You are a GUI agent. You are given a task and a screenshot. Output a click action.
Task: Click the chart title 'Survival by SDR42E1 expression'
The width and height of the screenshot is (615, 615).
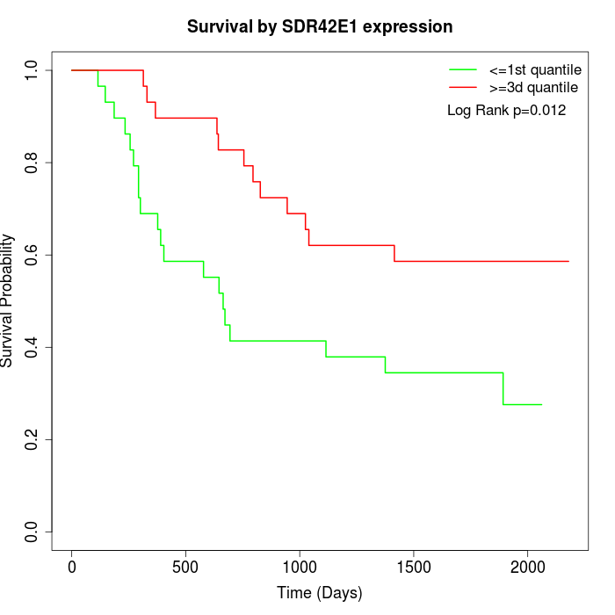(x=320, y=27)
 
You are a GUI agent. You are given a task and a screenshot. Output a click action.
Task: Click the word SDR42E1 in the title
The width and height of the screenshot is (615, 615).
(x=326, y=27)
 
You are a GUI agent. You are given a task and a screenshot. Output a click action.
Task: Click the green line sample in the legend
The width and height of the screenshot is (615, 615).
(x=463, y=69)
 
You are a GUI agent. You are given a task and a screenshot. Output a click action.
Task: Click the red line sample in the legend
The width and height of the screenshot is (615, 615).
(x=463, y=87)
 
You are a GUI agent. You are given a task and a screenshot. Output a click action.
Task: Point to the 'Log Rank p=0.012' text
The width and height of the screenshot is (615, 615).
(x=506, y=111)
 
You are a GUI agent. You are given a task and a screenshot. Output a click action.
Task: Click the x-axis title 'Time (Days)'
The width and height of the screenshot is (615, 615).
(x=320, y=593)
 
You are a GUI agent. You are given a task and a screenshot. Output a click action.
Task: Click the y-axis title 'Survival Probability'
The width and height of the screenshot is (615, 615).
(x=8, y=300)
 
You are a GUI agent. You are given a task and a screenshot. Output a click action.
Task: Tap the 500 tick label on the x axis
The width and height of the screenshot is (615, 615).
(x=185, y=567)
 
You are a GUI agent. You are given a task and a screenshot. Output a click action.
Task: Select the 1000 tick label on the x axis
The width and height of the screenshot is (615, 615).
(x=300, y=567)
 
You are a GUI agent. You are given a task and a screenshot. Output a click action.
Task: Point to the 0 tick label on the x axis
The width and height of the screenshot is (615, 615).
(x=72, y=567)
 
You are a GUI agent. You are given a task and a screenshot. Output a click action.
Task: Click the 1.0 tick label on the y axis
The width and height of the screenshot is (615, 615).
(x=33, y=70)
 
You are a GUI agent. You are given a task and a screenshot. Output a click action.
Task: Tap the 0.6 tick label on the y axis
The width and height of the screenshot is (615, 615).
(x=33, y=255)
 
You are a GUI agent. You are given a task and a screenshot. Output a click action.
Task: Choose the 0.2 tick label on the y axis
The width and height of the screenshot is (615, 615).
(x=33, y=439)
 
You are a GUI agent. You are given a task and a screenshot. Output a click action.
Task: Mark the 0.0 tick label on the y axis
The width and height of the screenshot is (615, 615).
(x=33, y=532)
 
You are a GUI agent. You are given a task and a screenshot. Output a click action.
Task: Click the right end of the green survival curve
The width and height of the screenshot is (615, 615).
(x=541, y=404)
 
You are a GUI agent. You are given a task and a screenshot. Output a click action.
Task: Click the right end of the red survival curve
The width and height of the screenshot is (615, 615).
(x=568, y=261)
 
